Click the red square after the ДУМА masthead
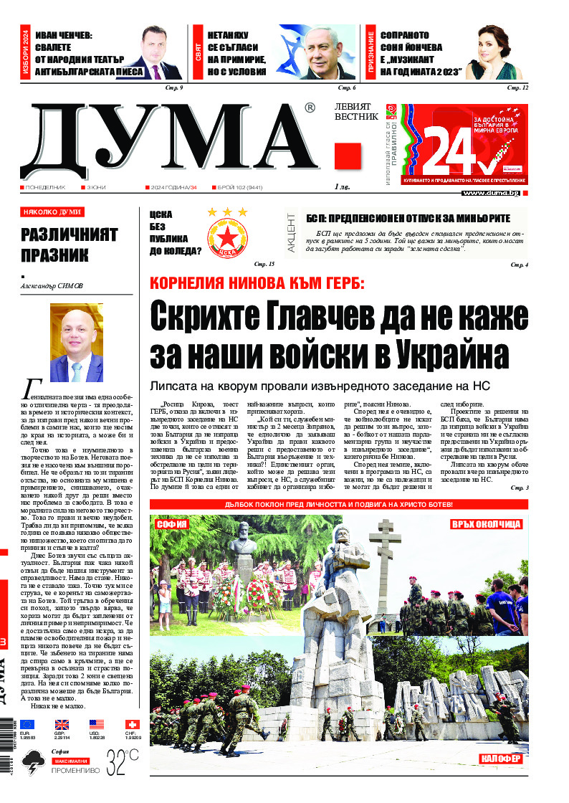click(348, 156)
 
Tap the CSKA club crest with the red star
click(226, 234)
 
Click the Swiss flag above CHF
click(131, 725)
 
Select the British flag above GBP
click(62, 725)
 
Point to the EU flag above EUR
click(27, 725)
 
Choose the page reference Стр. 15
click(264, 265)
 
